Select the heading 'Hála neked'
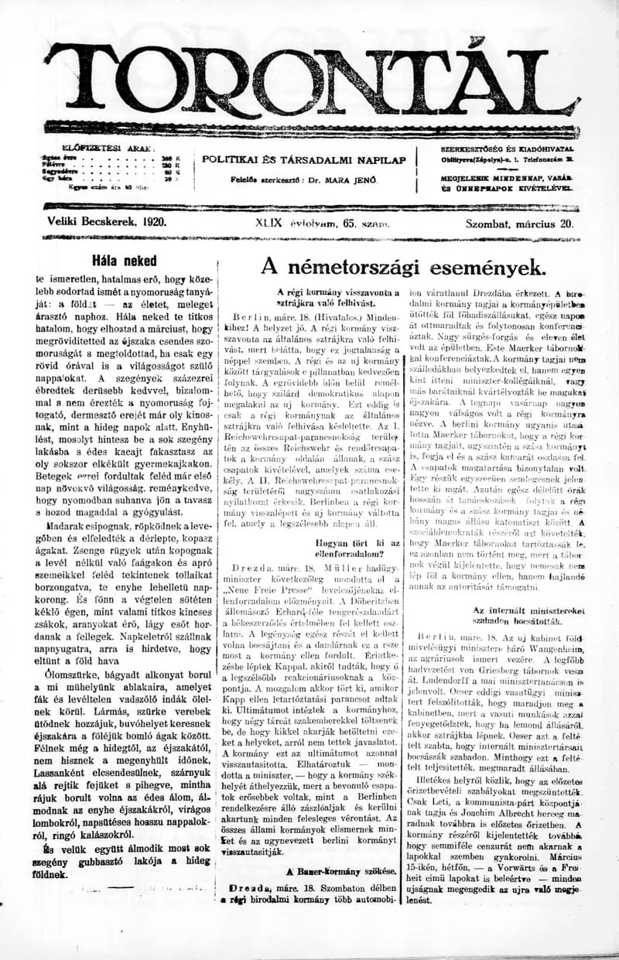click(124, 260)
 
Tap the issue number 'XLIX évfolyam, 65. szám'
click(322, 222)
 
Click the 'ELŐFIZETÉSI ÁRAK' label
click(108, 148)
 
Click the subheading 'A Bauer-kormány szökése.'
click(341, 871)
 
